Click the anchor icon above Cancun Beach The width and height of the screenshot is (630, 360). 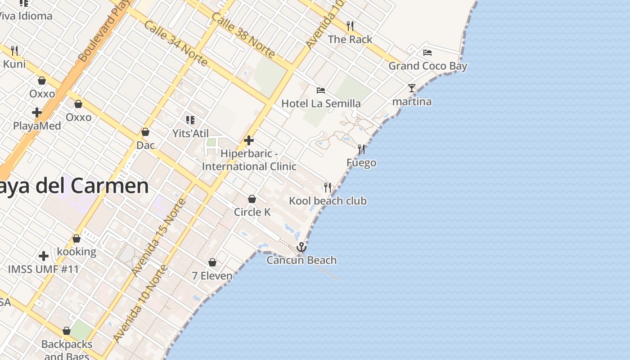[x=301, y=247]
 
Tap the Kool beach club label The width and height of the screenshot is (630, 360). [x=328, y=201]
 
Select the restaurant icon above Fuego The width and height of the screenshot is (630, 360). [x=361, y=149]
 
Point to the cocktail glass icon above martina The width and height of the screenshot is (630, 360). [x=411, y=88]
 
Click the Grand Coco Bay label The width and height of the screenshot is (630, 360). [x=427, y=66]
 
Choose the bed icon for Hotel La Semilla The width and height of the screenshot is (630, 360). [x=321, y=90]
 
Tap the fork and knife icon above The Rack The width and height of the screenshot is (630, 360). [x=350, y=26]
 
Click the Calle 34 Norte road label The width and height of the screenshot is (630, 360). [x=175, y=43]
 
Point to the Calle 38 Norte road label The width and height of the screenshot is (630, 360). [x=243, y=35]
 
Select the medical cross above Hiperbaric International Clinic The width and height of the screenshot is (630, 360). [x=249, y=141]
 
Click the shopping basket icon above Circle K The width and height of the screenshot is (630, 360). [x=252, y=199]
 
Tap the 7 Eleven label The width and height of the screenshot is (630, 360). [x=212, y=275]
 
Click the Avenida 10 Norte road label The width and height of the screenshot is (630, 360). [x=140, y=304]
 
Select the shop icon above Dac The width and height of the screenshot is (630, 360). [x=145, y=132]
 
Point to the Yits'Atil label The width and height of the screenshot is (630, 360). [x=191, y=134]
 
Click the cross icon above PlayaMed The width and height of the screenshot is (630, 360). [x=37, y=112]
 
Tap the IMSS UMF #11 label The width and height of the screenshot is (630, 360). [x=44, y=270]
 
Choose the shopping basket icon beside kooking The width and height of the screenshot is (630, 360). [x=76, y=238]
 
